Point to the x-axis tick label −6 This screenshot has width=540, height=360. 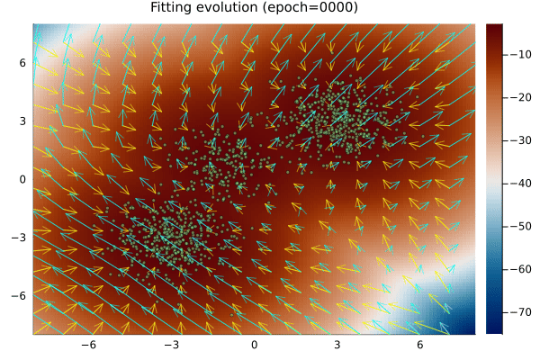88,345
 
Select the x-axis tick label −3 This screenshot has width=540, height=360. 171,345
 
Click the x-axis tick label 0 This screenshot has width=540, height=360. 254,345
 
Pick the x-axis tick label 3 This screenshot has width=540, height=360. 337,345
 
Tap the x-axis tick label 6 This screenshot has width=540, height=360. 419,345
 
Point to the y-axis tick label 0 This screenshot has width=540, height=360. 23,179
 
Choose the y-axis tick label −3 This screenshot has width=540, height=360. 20,238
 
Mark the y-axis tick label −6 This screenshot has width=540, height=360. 20,295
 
